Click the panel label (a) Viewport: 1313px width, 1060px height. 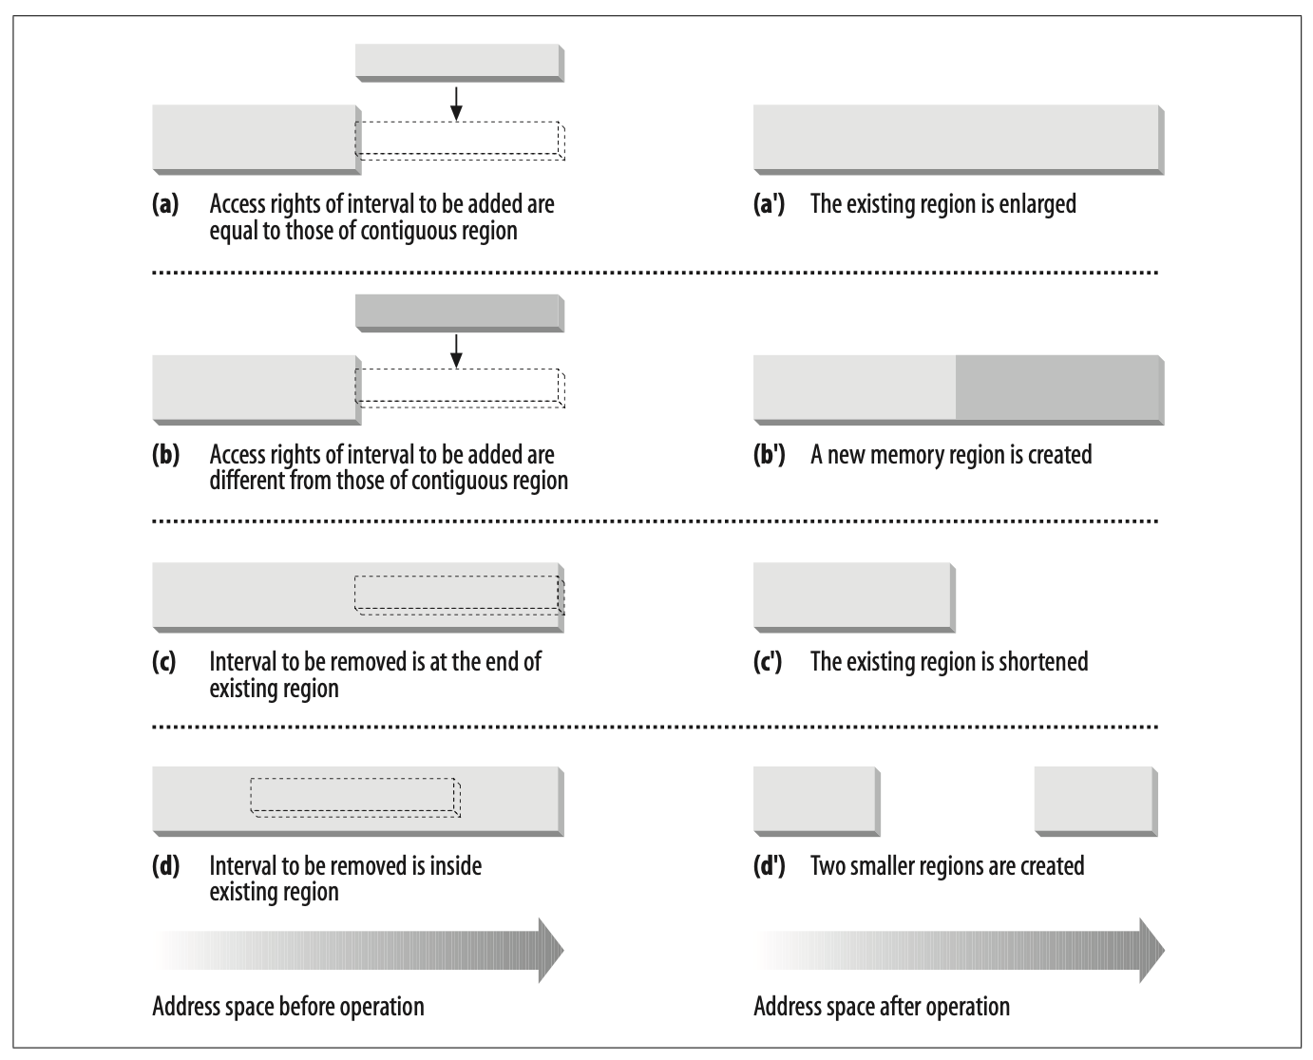[165, 204]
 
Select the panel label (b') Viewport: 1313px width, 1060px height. [770, 455]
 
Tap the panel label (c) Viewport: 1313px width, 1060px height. [164, 662]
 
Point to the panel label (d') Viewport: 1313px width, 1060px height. [770, 866]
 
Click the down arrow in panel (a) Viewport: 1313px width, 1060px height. [456, 104]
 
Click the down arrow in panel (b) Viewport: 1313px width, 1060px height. [456, 351]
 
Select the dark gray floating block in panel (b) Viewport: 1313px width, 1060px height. [460, 313]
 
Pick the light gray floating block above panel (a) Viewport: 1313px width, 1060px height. [460, 63]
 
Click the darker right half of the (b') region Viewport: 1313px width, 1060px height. [1059, 389]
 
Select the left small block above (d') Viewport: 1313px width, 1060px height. [817, 801]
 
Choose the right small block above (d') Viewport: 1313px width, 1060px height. [1096, 801]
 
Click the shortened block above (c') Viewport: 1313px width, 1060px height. [854, 597]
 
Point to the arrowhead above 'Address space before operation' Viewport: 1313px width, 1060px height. [551, 951]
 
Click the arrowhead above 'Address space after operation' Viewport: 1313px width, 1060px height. [1151, 951]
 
